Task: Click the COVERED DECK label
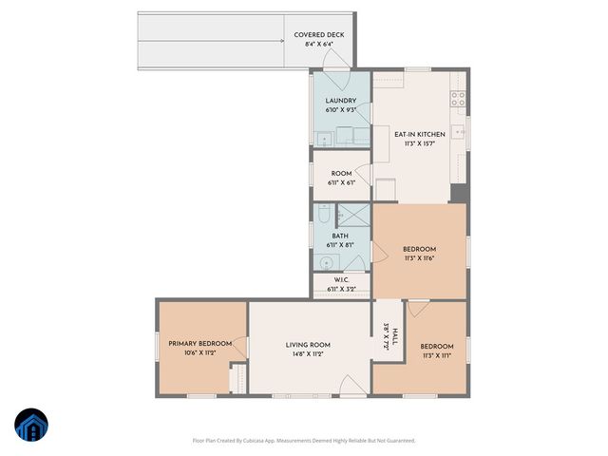(318, 35)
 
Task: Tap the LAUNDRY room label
(340, 101)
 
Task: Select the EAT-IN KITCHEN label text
(420, 134)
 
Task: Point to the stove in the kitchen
(458, 96)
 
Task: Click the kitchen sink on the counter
(459, 131)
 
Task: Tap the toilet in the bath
(325, 213)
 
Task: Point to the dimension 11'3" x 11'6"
(419, 257)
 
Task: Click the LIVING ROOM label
(308, 345)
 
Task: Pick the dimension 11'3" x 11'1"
(437, 354)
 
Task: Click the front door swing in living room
(352, 385)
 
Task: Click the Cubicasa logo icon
(32, 426)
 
